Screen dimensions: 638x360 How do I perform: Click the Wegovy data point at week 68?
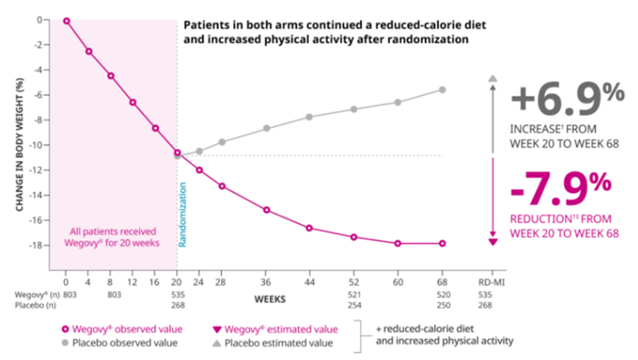pyautogui.click(x=442, y=244)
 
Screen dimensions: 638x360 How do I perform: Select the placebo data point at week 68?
pyautogui.click(x=442, y=90)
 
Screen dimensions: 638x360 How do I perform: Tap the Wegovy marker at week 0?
pyautogui.click(x=66, y=21)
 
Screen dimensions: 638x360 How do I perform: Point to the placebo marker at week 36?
pyautogui.click(x=266, y=128)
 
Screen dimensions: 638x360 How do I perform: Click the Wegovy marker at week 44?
pyautogui.click(x=309, y=228)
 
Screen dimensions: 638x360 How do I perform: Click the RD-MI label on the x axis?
pyautogui.click(x=491, y=282)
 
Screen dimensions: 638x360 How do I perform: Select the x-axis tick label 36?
pyautogui.click(x=266, y=282)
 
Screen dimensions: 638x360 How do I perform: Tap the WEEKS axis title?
pyautogui.click(x=270, y=299)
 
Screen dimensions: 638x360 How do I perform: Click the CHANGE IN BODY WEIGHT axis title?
pyautogui.click(x=19, y=145)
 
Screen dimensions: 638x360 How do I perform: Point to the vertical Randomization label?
pyautogui.click(x=183, y=215)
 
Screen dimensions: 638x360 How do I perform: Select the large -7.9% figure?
pyautogui.click(x=561, y=188)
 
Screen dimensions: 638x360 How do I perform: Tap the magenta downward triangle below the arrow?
pyautogui.click(x=493, y=242)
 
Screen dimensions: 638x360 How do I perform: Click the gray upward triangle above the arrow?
pyautogui.click(x=493, y=78)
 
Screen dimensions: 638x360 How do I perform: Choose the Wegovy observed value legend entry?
pyautogui.click(x=122, y=329)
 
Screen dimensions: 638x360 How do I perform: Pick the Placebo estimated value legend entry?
pyautogui.click(x=272, y=343)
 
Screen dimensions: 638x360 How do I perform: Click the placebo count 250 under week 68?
pyautogui.click(x=444, y=305)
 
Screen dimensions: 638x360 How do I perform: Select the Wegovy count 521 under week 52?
pyautogui.click(x=354, y=294)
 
